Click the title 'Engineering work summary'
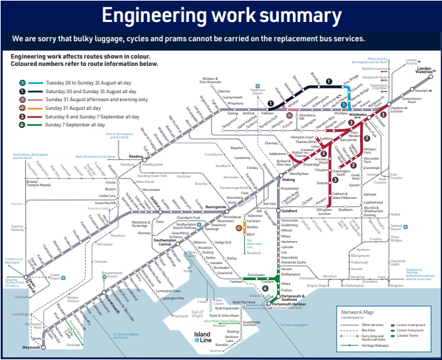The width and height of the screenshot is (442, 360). pyautogui.click(x=220, y=15)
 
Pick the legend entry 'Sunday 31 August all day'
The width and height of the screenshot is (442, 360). pyautogui.click(x=59, y=107)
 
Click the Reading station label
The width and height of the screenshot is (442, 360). pyautogui.click(x=136, y=157)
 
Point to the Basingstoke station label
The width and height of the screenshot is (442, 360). pyautogui.click(x=216, y=206)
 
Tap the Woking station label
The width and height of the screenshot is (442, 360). pyautogui.click(x=288, y=180)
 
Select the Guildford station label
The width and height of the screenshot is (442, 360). pyautogui.click(x=290, y=211)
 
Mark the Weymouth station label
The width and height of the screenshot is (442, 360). pyautogui.click(x=31, y=347)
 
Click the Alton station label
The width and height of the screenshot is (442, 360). pyautogui.click(x=251, y=234)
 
